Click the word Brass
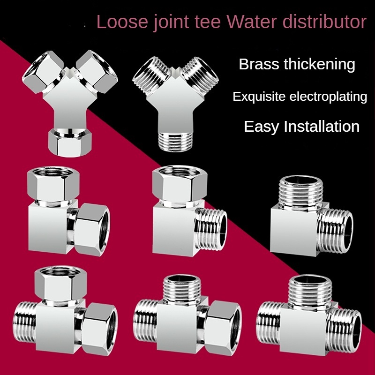point(259,64)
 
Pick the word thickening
point(320,64)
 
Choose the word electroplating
point(327,97)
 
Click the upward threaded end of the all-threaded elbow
point(297,190)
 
